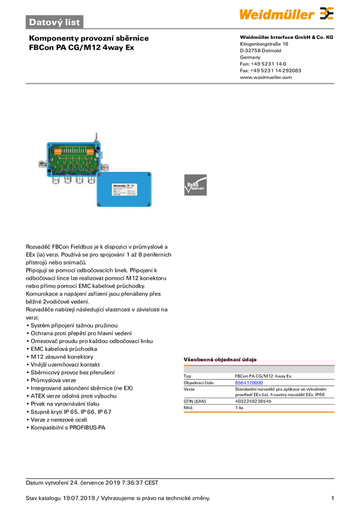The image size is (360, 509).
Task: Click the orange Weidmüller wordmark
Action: tap(276, 13)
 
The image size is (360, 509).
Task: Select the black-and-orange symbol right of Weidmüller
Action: tap(326, 13)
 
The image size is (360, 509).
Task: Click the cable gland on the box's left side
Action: tap(41, 162)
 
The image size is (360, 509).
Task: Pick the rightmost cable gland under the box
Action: tap(91, 179)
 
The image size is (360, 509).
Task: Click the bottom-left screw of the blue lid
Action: tap(100, 205)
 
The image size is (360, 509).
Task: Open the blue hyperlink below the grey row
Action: tap(249, 382)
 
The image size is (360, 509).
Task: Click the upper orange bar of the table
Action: tap(259, 363)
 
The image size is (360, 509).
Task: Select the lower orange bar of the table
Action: tap(259, 412)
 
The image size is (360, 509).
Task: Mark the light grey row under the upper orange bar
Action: tap(259, 371)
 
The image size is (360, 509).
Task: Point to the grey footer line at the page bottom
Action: tap(180, 478)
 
